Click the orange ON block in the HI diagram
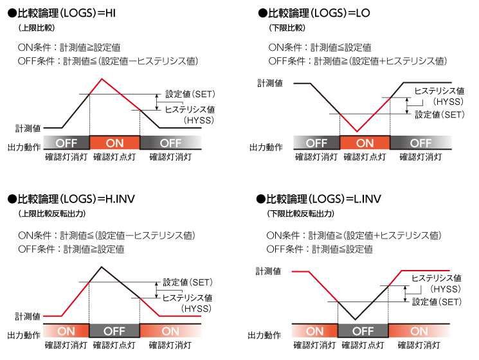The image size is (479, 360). (x=114, y=143)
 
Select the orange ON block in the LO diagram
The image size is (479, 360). (x=365, y=143)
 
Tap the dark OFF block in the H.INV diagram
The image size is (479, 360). (x=114, y=331)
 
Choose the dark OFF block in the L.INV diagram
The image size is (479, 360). (x=363, y=331)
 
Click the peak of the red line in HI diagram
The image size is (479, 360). (x=102, y=79)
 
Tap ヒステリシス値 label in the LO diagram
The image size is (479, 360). (x=438, y=91)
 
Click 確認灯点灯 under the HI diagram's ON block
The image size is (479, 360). (x=114, y=156)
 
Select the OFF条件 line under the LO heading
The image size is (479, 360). (x=357, y=61)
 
